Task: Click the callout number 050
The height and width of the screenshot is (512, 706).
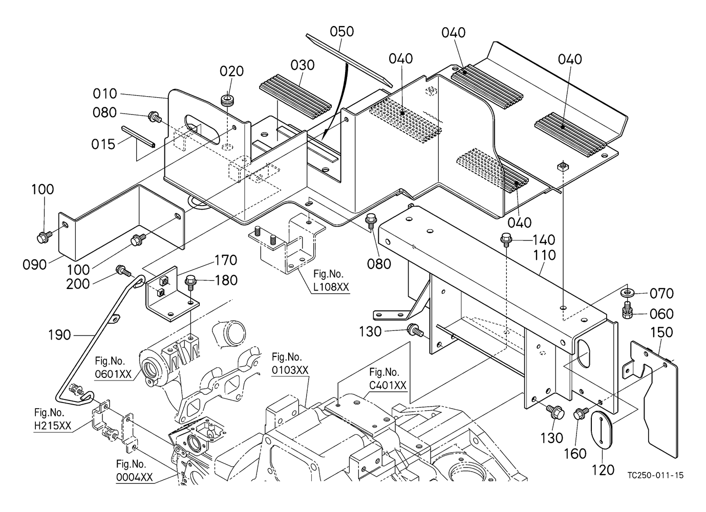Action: (x=341, y=32)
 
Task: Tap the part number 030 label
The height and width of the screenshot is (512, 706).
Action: (x=303, y=65)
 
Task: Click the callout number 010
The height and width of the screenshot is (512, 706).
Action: (x=105, y=94)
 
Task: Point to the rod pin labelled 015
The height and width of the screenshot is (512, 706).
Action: (x=138, y=136)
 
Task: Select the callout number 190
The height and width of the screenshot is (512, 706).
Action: (x=59, y=335)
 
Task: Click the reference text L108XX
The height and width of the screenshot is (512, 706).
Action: (x=331, y=287)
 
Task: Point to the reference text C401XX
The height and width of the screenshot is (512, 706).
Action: (x=388, y=385)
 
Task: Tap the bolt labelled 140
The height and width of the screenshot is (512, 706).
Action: (x=506, y=238)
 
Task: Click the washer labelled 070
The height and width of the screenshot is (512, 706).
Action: (x=627, y=293)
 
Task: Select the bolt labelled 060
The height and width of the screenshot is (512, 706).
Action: (x=627, y=310)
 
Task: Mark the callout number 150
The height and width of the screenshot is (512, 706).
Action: (x=661, y=332)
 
